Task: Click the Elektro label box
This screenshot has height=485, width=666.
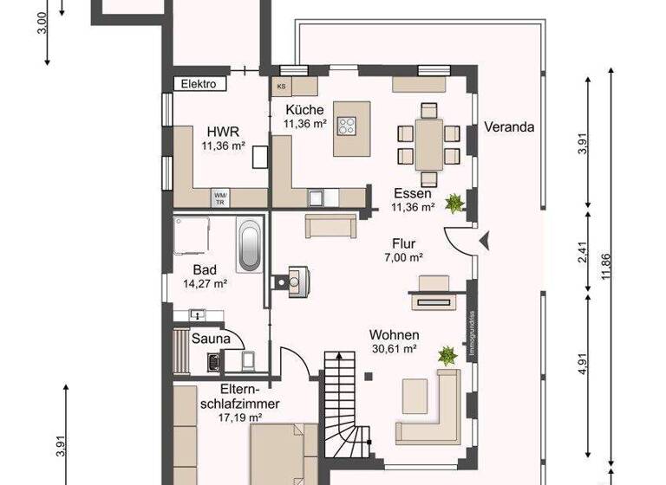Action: coord(199,84)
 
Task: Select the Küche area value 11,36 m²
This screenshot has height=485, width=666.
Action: coord(304,124)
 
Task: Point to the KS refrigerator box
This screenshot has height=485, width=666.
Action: coord(282,87)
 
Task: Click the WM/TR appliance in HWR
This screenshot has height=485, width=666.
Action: coord(220,199)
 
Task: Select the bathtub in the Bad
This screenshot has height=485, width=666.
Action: coord(249,244)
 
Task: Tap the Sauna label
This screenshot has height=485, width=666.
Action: coord(212,339)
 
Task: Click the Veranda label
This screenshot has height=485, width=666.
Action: coord(509,126)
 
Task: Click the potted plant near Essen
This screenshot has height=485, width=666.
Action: coord(454,204)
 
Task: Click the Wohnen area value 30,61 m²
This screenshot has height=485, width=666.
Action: coord(395,349)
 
